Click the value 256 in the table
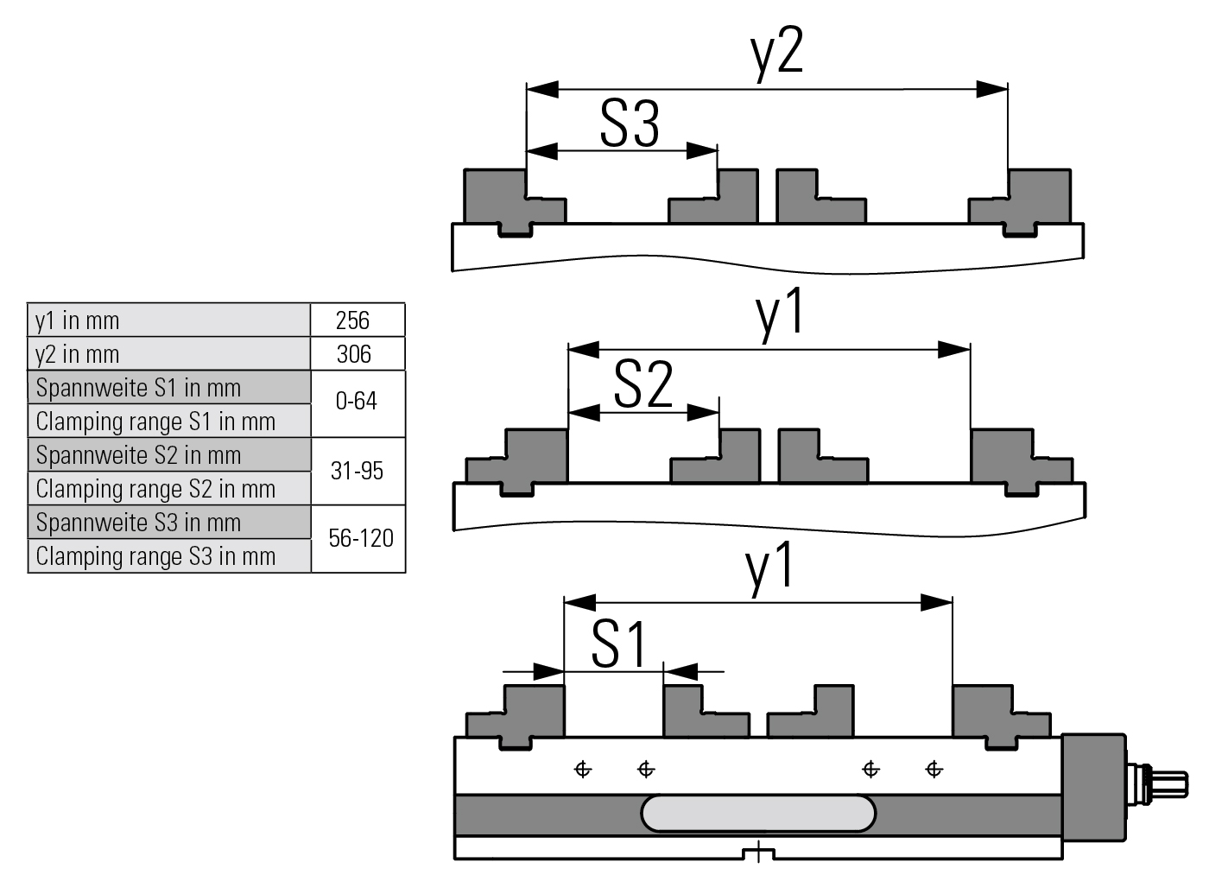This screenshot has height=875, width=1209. [352, 320]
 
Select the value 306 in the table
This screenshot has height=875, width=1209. [354, 354]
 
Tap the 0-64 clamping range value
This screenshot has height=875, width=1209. [357, 402]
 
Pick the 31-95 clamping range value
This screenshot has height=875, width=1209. [357, 471]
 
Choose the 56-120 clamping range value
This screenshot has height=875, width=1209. [360, 538]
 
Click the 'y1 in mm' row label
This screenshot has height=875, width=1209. [78, 320]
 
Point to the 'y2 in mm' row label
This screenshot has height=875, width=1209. [78, 354]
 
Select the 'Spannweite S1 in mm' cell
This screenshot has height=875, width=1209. [138, 388]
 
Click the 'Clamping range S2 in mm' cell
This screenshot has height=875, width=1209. [155, 489]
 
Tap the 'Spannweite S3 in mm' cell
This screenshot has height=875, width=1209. [138, 523]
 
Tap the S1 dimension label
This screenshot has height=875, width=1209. [619, 644]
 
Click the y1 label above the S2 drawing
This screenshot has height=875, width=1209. [781, 313]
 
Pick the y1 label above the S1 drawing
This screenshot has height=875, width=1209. [769, 568]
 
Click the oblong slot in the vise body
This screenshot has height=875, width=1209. [758, 814]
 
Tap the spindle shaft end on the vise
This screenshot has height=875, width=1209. [1170, 785]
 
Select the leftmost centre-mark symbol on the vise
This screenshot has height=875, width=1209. [583, 769]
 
